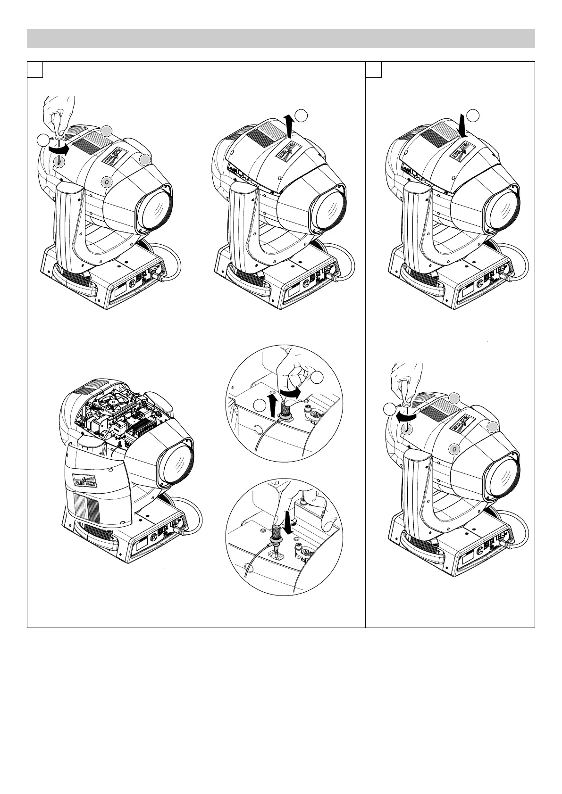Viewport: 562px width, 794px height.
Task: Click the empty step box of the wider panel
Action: [x=35, y=69]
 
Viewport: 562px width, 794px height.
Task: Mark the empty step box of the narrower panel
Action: [x=374, y=69]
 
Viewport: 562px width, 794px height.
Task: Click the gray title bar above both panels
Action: [x=281, y=39]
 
